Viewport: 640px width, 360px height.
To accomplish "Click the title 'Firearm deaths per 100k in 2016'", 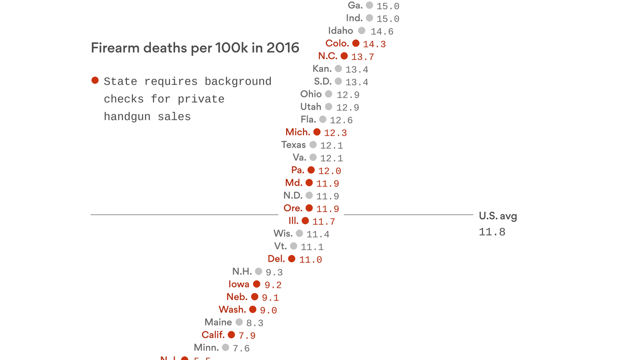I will point(195,48).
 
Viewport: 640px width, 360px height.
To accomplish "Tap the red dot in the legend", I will point(95,81).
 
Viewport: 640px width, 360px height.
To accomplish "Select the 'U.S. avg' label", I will point(498,216).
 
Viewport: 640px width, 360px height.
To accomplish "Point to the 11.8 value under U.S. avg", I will point(492,232).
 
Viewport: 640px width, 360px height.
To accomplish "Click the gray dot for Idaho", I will point(362,30).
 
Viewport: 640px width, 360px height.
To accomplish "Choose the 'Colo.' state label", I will point(337,43).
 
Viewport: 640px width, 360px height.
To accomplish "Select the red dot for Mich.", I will point(317,132).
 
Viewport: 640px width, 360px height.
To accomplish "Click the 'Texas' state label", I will point(293,145).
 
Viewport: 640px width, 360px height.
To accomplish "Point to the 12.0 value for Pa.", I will point(329,171).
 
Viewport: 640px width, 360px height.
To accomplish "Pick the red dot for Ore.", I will point(309,208).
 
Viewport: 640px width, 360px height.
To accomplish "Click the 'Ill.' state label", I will point(293,221).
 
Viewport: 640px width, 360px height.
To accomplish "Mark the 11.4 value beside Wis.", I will point(318,234).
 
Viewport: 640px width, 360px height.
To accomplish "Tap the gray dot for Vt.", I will point(294,246).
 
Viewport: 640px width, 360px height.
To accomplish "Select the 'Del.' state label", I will point(276,259).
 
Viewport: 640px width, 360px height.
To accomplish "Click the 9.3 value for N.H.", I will point(274,272).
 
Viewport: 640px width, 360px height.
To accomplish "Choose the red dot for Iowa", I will point(257,284).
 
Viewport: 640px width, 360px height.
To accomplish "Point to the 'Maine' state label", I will point(218,322).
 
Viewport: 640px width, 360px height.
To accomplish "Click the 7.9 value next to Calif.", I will point(247,336).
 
